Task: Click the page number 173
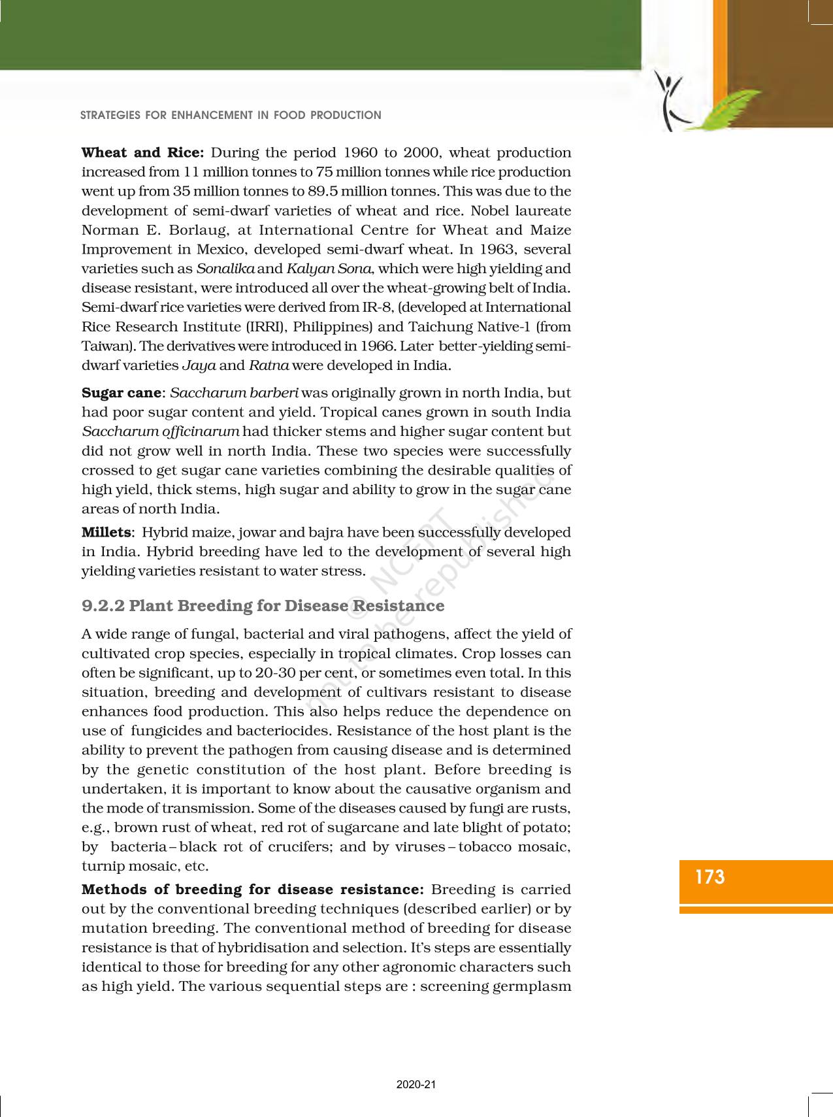pyautogui.click(x=710, y=877)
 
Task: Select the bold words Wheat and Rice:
pyautogui.click(x=143, y=153)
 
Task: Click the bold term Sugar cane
pyautogui.click(x=121, y=393)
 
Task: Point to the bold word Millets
pyautogui.click(x=106, y=533)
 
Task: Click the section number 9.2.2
pyautogui.click(x=103, y=606)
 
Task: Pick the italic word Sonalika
pyautogui.click(x=226, y=269)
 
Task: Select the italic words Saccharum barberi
pyautogui.click(x=234, y=393)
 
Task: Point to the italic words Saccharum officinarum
pyautogui.click(x=161, y=432)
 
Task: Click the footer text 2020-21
pyautogui.click(x=416, y=1085)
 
